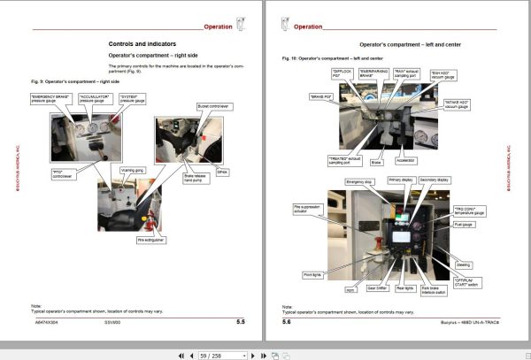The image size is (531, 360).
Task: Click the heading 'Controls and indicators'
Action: point(142,43)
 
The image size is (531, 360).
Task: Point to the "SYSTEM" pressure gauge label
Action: point(131,99)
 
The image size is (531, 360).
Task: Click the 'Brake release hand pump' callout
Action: point(196,178)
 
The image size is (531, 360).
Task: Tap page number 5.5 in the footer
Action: point(240,323)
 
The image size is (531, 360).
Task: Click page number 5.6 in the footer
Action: point(287,323)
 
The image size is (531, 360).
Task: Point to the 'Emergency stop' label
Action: point(358,181)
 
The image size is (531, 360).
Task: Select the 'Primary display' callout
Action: point(400,180)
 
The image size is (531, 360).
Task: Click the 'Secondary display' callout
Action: point(437,180)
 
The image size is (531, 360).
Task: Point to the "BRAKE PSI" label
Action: point(321,96)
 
